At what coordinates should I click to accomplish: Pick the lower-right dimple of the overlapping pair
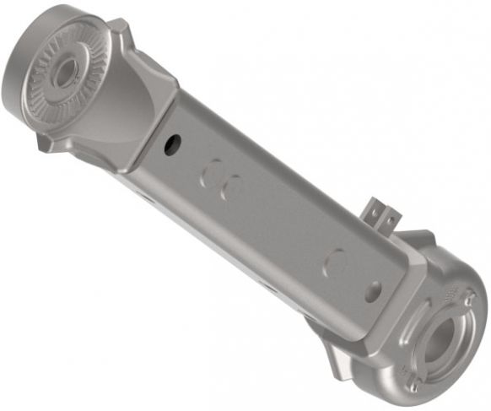pos(230,187)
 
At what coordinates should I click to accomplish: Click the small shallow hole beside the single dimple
pos(372,291)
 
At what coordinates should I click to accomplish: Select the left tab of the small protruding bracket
pos(373,211)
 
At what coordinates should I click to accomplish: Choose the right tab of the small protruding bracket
pos(390,221)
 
